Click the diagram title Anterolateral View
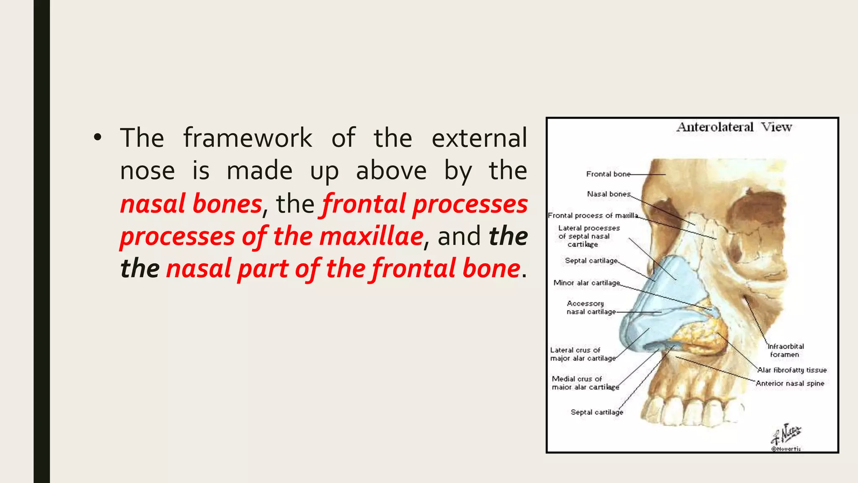(x=734, y=127)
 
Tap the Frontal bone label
(x=608, y=174)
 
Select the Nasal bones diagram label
(x=608, y=194)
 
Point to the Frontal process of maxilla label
(x=593, y=216)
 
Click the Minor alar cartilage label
(x=587, y=283)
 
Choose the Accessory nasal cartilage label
(x=591, y=308)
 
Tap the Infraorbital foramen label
(x=785, y=351)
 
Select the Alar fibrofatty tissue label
(x=792, y=370)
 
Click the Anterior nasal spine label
(x=790, y=384)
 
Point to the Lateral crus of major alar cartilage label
(x=583, y=354)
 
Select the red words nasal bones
(x=191, y=204)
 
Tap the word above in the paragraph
(x=391, y=171)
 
